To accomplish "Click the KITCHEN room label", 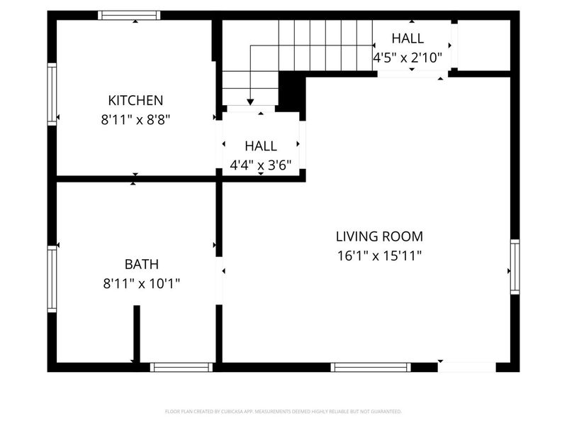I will pos(135,100).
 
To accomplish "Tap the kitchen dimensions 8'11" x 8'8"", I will pos(135,120).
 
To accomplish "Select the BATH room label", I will pos(142,264).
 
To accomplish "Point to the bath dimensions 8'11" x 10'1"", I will pos(142,284).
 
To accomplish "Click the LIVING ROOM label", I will pos(379,236).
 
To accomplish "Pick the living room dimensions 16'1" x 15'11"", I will pos(379,256).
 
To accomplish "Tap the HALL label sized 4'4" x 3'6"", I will pos(261,146).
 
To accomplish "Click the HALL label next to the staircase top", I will pos(408,38).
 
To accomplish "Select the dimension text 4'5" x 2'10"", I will pos(408,58).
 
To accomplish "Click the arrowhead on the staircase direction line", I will pos(249,102).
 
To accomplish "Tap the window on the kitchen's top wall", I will pos(129,15).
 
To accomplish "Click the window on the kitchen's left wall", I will pos(52,94).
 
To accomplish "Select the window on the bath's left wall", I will pos(52,279).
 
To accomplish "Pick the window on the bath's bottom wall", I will pos(181,367).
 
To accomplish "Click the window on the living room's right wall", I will pos(515,267).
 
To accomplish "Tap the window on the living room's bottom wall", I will pos(371,367).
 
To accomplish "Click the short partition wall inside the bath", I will pos(137,334).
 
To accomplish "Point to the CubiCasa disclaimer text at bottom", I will pos(283,411).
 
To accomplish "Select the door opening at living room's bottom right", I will pos(466,367).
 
